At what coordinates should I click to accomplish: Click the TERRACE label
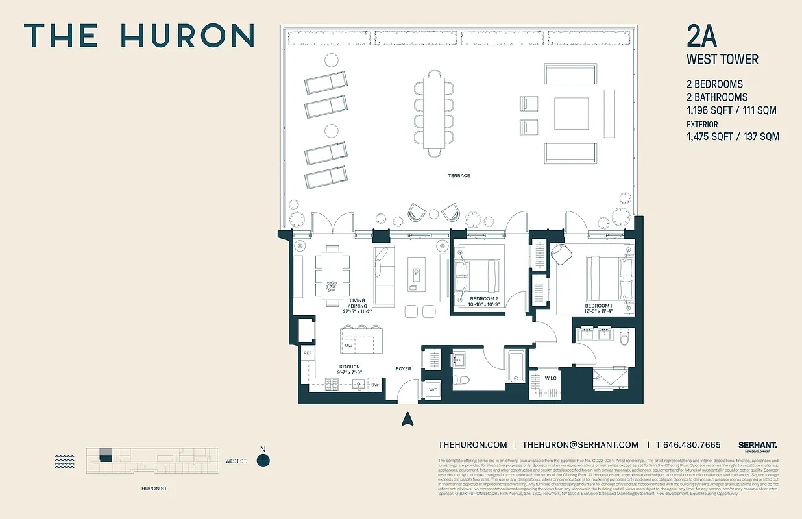(458, 176)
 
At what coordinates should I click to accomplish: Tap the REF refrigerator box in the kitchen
(308, 353)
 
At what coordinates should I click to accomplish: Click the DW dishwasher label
(375, 385)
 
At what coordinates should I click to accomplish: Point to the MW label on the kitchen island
(348, 346)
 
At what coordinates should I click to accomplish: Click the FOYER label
(404, 369)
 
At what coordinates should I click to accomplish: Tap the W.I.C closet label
(550, 378)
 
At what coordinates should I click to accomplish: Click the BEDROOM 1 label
(598, 306)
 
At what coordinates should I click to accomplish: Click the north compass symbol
(263, 460)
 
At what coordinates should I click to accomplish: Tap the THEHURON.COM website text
(472, 444)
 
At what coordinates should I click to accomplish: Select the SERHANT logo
(757, 445)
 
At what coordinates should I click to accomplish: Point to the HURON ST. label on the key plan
(154, 489)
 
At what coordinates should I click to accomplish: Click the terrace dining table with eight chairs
(433, 114)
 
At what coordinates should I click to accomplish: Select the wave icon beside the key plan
(64, 461)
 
